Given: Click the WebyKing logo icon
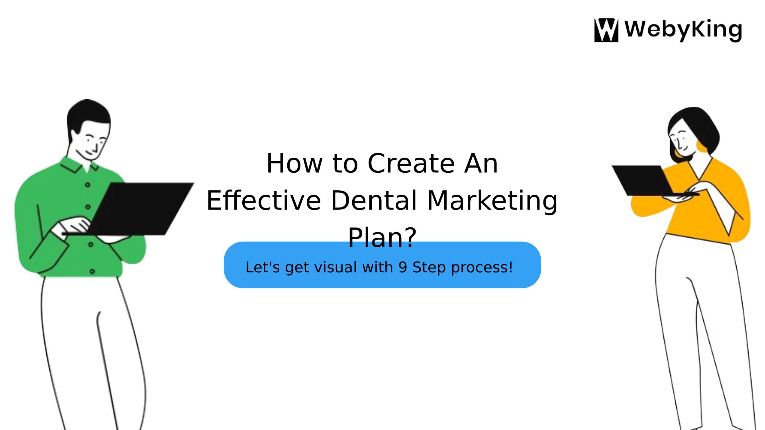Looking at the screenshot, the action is click(x=606, y=30).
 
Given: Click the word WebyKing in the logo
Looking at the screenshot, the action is click(x=683, y=30).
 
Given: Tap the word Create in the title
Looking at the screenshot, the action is click(x=411, y=163).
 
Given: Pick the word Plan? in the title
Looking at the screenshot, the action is click(x=382, y=237).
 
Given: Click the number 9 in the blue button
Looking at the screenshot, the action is click(x=403, y=267).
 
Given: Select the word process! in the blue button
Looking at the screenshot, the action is click(x=482, y=268).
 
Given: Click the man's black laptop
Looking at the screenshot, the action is click(x=139, y=209).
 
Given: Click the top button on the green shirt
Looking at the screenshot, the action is click(x=88, y=185).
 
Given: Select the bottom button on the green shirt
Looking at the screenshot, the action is click(x=92, y=272).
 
